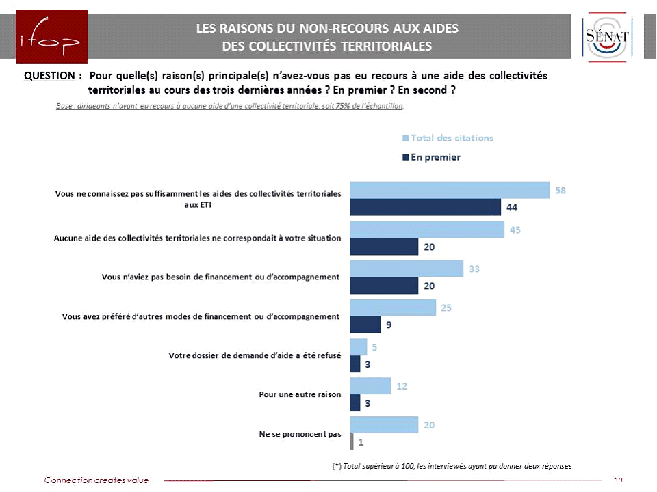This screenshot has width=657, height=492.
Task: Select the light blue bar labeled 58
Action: (450, 190)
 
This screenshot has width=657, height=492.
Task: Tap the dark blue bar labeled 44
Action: (425, 207)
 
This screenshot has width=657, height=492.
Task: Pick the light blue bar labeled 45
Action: (427, 230)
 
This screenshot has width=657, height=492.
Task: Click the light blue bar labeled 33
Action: (407, 269)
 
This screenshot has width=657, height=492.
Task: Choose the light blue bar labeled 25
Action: (393, 307)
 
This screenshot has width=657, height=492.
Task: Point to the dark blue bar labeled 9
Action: (365, 325)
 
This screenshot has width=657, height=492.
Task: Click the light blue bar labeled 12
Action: (370, 386)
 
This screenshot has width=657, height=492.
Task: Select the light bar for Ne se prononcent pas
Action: (384, 425)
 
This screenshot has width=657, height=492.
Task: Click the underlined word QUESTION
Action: (49, 76)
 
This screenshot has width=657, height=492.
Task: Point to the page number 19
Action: (619, 480)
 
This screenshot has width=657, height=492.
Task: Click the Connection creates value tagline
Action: (96, 480)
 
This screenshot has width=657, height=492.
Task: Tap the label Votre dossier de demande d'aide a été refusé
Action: (255, 355)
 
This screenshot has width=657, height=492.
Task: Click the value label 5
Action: (374, 347)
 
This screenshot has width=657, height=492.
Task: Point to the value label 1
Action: (360, 441)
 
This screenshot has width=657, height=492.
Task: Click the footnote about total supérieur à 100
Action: (452, 466)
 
